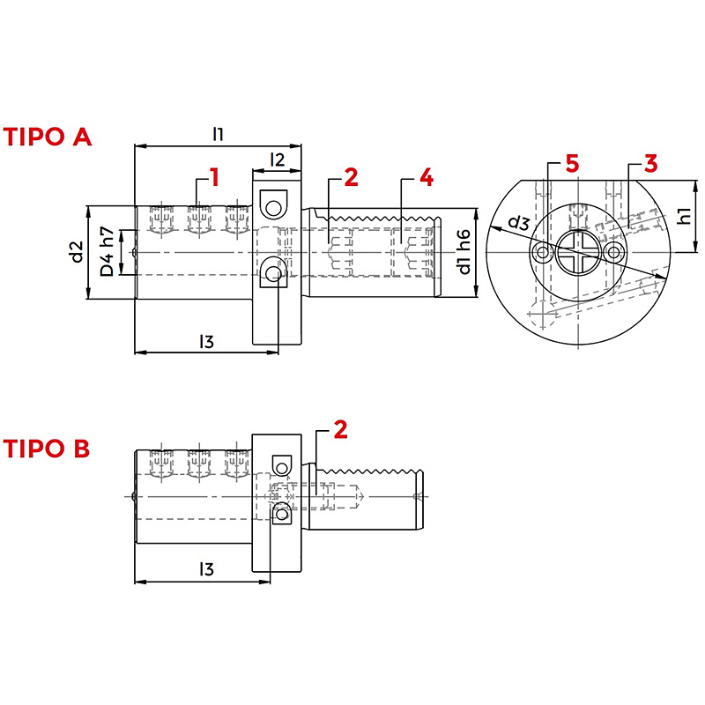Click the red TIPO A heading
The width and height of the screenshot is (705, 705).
48,137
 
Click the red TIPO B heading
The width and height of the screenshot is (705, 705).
47,449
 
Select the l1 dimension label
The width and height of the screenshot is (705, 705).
218,134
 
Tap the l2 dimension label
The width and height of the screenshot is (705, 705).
278,160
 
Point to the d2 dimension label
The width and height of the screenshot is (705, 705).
78,252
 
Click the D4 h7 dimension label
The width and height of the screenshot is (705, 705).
107,251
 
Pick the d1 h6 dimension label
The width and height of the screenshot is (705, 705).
464,252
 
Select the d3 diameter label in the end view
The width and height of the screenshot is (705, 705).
519,223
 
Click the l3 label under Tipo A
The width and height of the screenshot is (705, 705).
206,342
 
